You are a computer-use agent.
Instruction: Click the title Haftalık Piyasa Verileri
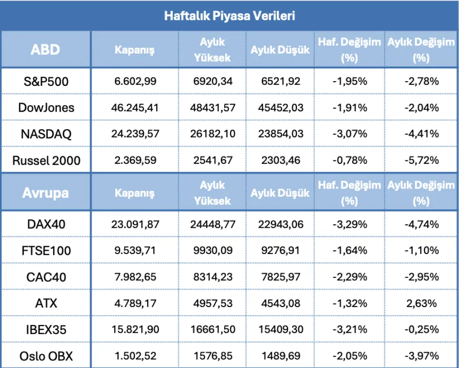pos(229,16)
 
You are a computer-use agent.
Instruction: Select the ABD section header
pos(45,50)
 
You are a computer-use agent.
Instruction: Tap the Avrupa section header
pos(45,193)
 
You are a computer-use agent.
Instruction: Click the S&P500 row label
pos(46,82)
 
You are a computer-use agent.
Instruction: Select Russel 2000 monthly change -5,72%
pos(420,160)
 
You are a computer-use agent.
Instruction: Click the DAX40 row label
pos(46,224)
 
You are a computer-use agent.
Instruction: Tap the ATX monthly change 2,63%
pos(420,303)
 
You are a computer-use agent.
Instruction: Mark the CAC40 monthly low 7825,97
pos(280,277)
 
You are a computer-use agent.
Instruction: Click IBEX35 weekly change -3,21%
pos(350,329)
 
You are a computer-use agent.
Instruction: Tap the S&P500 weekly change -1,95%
pos(350,81)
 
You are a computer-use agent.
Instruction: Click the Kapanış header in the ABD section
pos(134,50)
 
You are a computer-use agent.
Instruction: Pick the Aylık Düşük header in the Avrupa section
pos(280,193)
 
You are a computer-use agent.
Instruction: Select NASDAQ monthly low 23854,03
pos(280,134)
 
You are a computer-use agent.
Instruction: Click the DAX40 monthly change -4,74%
pos(420,224)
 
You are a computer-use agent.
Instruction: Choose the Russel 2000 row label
pos(46,160)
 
